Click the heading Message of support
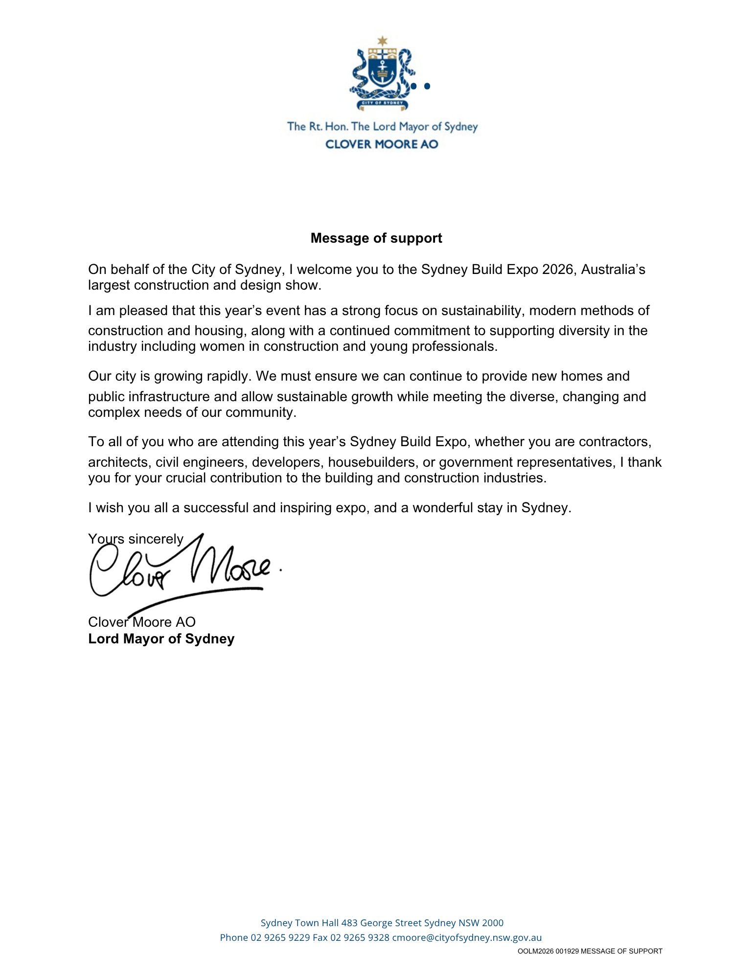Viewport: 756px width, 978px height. (376, 238)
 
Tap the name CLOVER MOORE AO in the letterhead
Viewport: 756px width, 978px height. (382, 144)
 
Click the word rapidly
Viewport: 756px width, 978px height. (229, 376)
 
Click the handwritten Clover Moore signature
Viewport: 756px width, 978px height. (181, 570)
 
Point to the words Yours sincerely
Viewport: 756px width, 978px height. (136, 539)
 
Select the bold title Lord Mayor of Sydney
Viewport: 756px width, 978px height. (161, 639)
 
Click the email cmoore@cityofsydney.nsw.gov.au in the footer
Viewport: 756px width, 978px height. (467, 938)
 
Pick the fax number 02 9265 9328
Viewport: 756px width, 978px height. (360, 938)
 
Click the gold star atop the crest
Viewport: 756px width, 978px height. (382, 41)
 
